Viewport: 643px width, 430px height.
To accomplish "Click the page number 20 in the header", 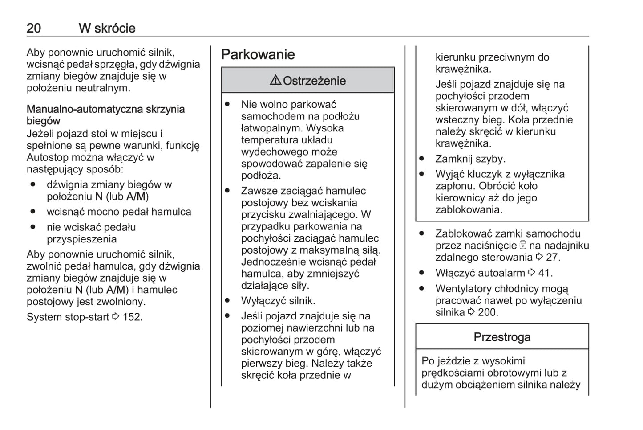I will coord(34,28).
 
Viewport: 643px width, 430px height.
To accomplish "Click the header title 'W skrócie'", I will coord(107,28).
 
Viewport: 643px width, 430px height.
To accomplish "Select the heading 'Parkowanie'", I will coord(258,54).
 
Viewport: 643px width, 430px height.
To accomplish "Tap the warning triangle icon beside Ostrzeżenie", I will coord(275,81).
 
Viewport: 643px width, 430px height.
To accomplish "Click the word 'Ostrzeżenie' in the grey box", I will coord(314,81).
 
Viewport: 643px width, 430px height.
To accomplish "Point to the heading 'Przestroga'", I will coord(501,337).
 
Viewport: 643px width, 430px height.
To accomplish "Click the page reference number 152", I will coord(132,317).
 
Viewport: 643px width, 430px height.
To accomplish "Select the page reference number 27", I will coord(553,257).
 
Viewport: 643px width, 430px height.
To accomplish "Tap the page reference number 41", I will coord(545,273).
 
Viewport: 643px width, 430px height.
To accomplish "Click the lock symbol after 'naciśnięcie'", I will coord(523,245).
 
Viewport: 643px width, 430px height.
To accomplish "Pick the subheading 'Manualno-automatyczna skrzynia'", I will coord(105,109).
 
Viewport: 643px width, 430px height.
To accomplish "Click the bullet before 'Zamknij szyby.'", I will coord(421,159).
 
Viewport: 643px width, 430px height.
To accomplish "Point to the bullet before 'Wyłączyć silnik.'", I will coord(227,301).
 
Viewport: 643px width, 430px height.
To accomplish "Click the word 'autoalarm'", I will coord(502,273).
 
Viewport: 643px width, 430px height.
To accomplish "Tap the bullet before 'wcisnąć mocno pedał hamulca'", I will coord(33,212).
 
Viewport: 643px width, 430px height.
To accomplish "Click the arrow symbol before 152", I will coord(116,317).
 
